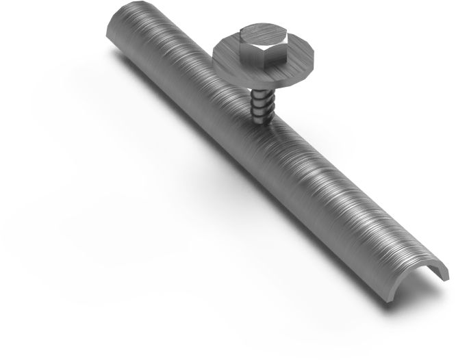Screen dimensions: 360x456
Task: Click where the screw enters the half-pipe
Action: click(264, 121)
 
